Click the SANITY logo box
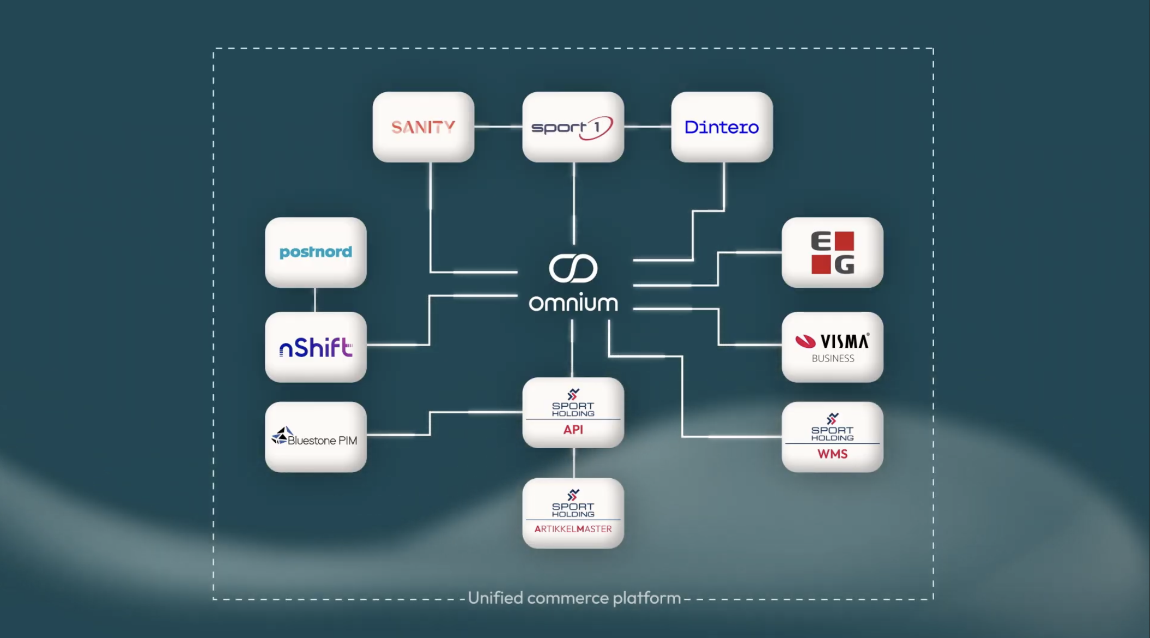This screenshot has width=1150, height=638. click(x=423, y=127)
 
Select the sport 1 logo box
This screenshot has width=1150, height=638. click(x=573, y=127)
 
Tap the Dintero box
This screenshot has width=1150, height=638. click(x=722, y=127)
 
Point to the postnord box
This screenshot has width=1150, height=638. click(x=316, y=252)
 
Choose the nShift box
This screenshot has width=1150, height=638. click(x=316, y=347)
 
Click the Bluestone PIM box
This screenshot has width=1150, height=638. click(x=316, y=437)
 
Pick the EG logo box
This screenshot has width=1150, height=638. click(x=832, y=252)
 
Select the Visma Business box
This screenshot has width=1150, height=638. click(x=832, y=347)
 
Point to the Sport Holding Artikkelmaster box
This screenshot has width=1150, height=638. click(x=573, y=513)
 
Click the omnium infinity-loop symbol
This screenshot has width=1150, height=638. click(x=573, y=268)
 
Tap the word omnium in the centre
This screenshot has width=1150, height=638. click(x=573, y=303)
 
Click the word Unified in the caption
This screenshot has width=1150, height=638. click(x=495, y=598)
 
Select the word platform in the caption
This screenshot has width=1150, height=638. click(x=647, y=598)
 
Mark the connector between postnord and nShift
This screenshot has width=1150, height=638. click(x=315, y=300)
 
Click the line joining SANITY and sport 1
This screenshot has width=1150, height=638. click(x=498, y=127)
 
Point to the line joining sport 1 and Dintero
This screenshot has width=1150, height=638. click(x=647, y=127)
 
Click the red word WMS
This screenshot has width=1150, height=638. click(x=832, y=454)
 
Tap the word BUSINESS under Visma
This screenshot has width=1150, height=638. click(x=833, y=358)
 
